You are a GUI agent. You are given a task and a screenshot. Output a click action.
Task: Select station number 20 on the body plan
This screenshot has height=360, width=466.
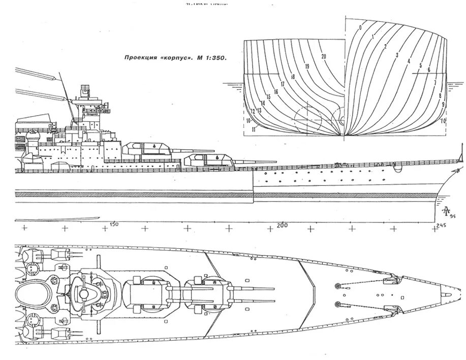[324, 56]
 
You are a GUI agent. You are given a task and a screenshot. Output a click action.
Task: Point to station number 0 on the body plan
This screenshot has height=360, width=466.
[360, 26]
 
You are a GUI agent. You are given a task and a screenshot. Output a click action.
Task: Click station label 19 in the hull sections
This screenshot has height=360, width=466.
[307, 67]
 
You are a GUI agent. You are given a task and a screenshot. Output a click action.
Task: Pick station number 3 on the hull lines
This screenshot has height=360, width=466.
[397, 54]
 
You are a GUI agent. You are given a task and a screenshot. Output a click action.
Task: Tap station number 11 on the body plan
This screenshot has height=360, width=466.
[253, 129]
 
